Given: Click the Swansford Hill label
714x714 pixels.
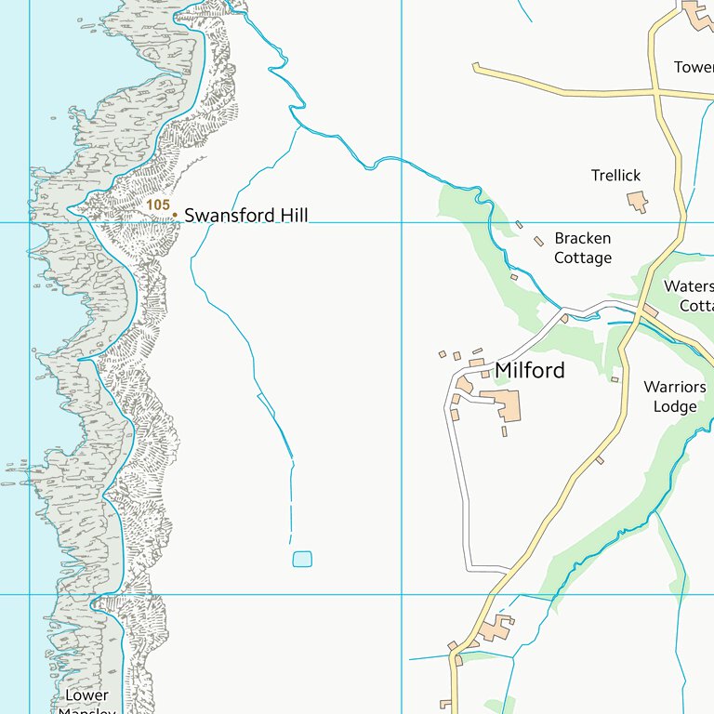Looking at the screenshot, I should pyautogui.click(x=245, y=216).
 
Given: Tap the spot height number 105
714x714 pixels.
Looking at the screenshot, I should pyautogui.click(x=158, y=204).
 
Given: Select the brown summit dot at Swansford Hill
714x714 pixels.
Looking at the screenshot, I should pyautogui.click(x=174, y=215).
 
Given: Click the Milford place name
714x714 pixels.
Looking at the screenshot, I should pyautogui.click(x=529, y=370).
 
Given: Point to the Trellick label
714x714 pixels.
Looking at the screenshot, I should pyautogui.click(x=615, y=175).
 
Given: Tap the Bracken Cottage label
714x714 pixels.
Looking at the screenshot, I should pyautogui.click(x=583, y=248).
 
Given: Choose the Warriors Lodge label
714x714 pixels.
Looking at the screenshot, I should pyautogui.click(x=675, y=397).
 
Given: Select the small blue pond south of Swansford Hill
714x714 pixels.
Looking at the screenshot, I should pyautogui.click(x=302, y=559).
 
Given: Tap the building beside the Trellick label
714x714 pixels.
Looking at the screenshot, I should pyautogui.click(x=638, y=200).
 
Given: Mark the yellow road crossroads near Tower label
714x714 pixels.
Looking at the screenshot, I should pyautogui.click(x=655, y=92).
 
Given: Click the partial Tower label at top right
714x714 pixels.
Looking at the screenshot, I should pyautogui.click(x=694, y=67).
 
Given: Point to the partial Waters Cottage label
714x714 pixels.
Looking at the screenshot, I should pyautogui.click(x=689, y=296).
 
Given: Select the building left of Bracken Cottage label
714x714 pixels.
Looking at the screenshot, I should pyautogui.click(x=538, y=242).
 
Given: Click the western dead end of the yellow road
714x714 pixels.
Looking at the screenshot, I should pyautogui.click(x=475, y=66).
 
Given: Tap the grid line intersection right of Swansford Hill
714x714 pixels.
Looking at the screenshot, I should pyautogui.click(x=402, y=222).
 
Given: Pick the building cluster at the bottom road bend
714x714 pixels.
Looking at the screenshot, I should pyautogui.click(x=494, y=629).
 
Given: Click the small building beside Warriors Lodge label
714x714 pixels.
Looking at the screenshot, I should pyautogui.click(x=615, y=379).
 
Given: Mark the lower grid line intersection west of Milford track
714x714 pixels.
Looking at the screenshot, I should pyautogui.click(x=402, y=594).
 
